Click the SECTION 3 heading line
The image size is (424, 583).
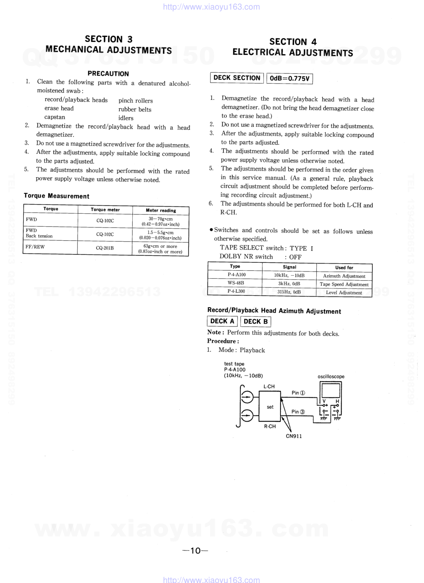tap(109, 39)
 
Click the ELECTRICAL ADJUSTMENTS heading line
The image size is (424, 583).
tap(293, 52)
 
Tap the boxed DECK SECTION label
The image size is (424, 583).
tap(237, 78)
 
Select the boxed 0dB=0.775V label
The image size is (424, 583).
tap(290, 78)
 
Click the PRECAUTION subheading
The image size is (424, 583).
tap(108, 74)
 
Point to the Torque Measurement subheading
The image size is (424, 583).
tap(57, 196)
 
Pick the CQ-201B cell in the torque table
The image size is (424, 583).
tap(105, 248)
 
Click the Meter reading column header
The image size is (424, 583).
tap(161, 210)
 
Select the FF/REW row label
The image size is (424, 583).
tap(35, 247)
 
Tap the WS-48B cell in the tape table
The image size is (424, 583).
tap(236, 283)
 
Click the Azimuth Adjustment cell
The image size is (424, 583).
tap(344, 276)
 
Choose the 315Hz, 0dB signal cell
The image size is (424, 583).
tap(289, 292)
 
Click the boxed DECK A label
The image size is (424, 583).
tap(222, 321)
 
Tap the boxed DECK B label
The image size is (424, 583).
tap(255, 321)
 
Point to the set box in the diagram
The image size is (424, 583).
tap(270, 407)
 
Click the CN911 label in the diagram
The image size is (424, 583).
tap(294, 436)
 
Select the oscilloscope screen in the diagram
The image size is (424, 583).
tap(331, 391)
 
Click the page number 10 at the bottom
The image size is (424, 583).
tap(195, 551)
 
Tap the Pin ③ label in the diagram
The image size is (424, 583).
tap(298, 412)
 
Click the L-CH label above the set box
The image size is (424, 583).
tap(269, 386)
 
